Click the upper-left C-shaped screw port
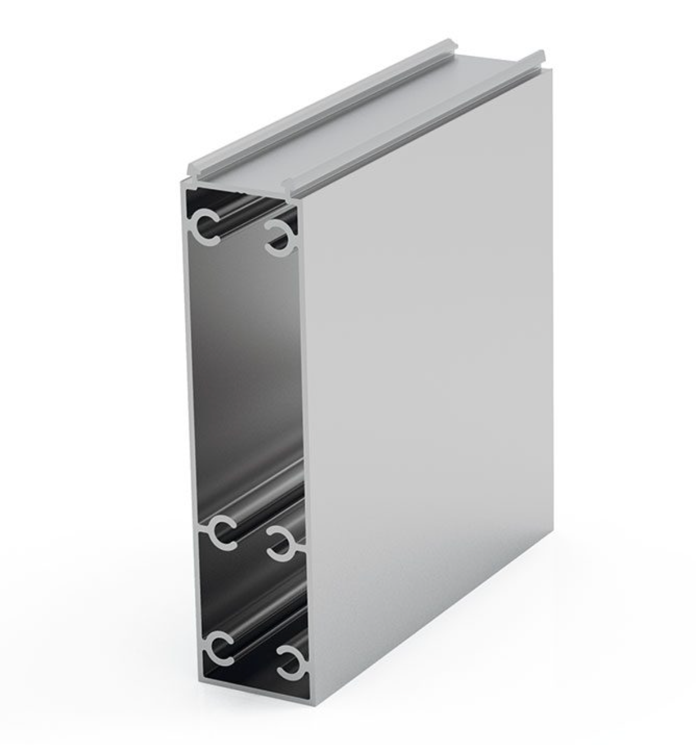click(206, 226)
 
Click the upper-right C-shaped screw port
click(280, 239)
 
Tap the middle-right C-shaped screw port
click(282, 543)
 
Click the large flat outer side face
click(431, 383)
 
